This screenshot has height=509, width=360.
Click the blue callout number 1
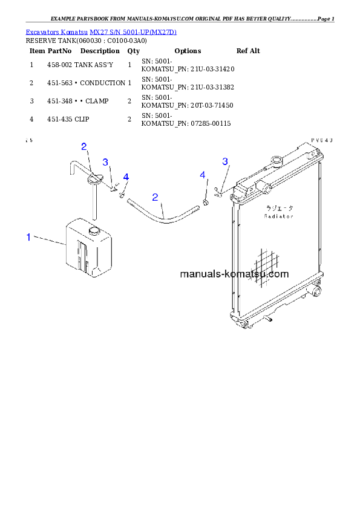click(28, 238)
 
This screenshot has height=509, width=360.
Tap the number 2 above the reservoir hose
click(84, 146)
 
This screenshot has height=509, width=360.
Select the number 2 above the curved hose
click(155, 197)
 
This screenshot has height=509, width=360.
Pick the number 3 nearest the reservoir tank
click(105, 162)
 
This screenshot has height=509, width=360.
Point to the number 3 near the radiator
click(225, 161)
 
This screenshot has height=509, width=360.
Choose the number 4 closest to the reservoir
click(126, 177)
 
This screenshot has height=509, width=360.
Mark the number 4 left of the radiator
click(203, 175)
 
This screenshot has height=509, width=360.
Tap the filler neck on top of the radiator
click(277, 161)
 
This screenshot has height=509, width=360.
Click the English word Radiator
click(279, 216)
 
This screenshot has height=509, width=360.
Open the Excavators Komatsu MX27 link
click(101, 31)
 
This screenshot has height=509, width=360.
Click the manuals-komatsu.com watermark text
click(234, 274)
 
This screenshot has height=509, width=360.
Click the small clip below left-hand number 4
click(122, 195)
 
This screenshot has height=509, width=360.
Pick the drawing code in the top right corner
click(322, 140)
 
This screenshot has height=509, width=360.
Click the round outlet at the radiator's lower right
click(315, 293)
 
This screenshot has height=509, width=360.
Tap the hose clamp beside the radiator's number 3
click(219, 193)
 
